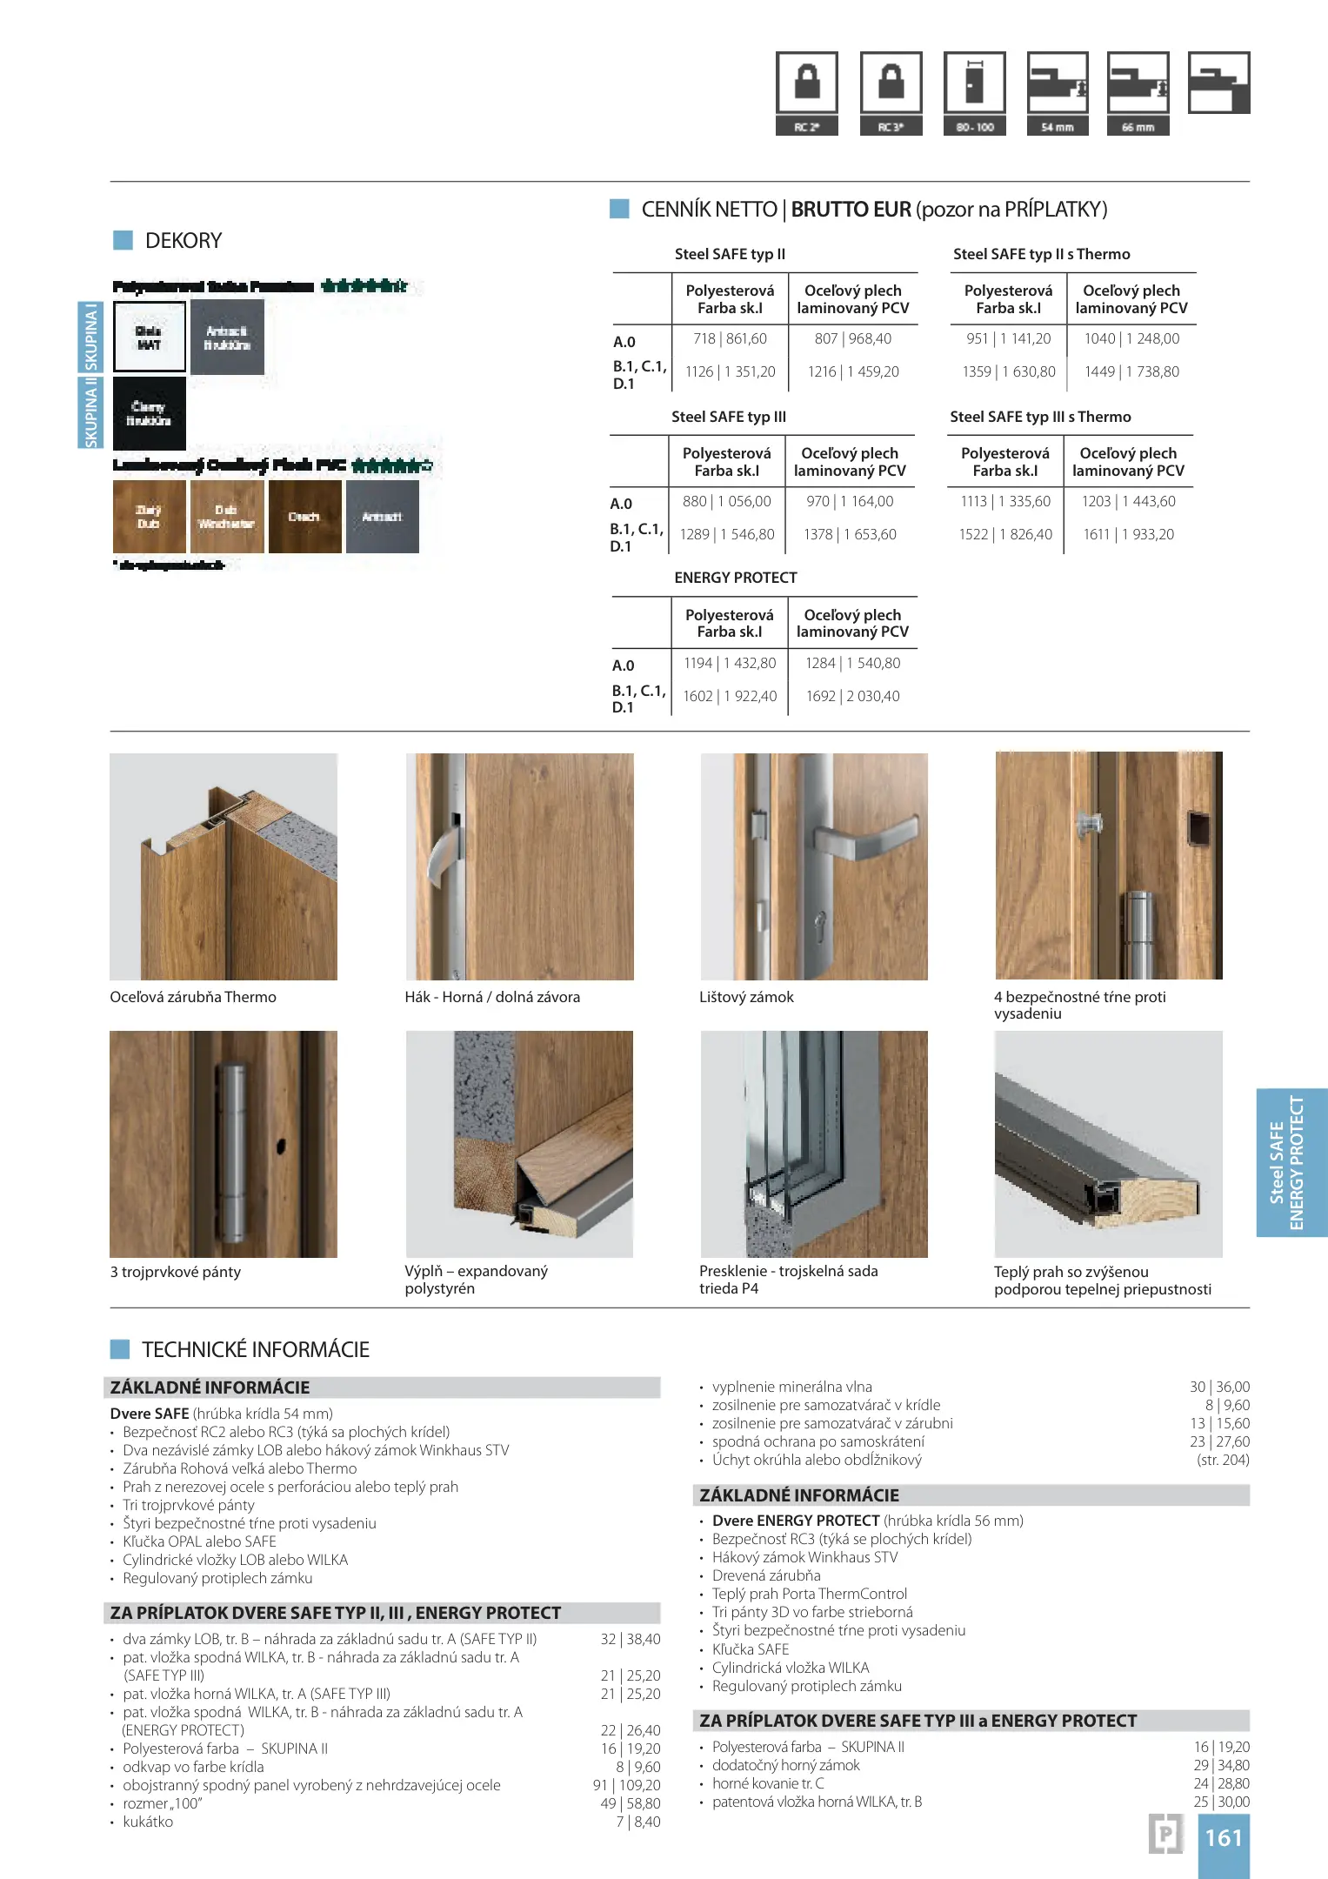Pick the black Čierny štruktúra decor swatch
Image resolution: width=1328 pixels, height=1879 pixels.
pos(150,413)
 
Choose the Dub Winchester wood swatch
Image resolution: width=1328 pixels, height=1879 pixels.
pos(226,517)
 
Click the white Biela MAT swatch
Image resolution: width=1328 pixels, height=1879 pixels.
pos(150,338)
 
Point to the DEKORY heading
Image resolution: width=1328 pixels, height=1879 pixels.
pos(183,241)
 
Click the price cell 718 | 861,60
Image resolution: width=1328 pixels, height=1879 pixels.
pos(731,339)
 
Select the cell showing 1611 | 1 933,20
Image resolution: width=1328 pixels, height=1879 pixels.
pos(1128,534)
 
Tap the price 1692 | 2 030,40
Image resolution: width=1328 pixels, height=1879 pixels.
pos(852,696)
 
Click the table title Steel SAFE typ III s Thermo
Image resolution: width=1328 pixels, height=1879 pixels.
pos(1040,417)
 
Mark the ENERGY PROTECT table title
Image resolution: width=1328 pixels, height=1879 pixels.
pos(736,578)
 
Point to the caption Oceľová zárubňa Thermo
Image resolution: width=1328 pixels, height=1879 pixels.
pos(193,997)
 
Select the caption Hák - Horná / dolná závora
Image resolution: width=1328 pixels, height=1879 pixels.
pos(492,997)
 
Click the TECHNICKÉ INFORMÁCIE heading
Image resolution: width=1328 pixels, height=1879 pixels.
pos(255,1349)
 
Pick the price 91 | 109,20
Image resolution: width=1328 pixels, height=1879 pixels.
pos(627,1785)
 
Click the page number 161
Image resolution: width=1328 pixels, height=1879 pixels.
pos(1223,1837)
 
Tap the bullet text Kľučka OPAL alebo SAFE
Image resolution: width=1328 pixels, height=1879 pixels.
pos(199,1541)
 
